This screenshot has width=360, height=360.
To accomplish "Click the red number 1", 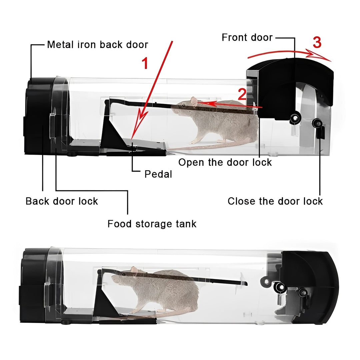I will tap(145, 63).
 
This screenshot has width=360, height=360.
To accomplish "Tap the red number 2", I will tap(242, 95).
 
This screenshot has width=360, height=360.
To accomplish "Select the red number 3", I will tap(317, 43).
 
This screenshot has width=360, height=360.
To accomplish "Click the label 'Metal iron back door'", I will tap(97, 44).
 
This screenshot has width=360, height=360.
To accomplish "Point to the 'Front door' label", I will tap(247, 37).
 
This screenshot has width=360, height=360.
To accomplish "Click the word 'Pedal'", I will tap(158, 174).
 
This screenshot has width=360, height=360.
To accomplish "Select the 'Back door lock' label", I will tap(62, 201).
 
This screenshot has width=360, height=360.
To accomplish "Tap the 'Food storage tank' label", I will tap(152, 224).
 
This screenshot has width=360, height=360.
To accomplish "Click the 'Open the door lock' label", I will tap(225, 162).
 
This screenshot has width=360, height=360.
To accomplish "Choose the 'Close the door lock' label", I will tap(275, 201).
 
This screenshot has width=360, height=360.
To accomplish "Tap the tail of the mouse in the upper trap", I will tap(193, 147).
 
